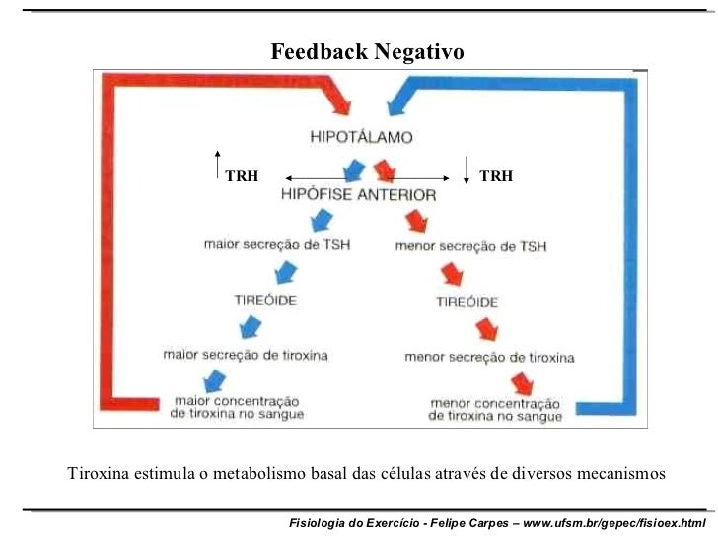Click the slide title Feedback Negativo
(367, 51)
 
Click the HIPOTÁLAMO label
(361, 137)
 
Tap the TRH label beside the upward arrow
(242, 176)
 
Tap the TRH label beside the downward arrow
(495, 176)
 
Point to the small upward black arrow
(218, 167)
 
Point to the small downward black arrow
(466, 168)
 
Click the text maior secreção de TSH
(276, 243)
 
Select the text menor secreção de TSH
(470, 246)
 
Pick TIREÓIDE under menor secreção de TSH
(467, 303)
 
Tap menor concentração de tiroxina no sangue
(495, 410)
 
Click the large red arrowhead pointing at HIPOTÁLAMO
(339, 99)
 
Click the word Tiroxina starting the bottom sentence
(98, 474)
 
